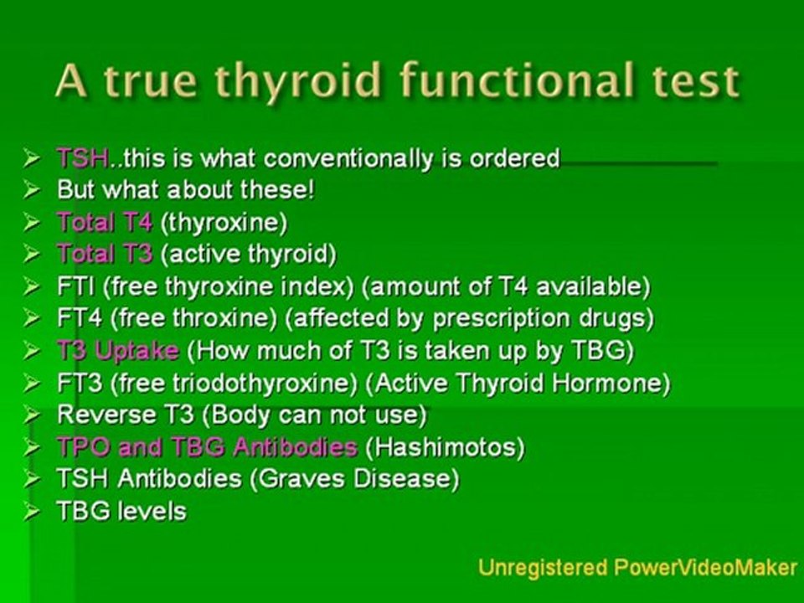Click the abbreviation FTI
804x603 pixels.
(74, 286)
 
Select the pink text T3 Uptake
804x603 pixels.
(117, 350)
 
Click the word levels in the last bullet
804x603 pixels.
(152, 511)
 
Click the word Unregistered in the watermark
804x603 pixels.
(543, 567)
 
